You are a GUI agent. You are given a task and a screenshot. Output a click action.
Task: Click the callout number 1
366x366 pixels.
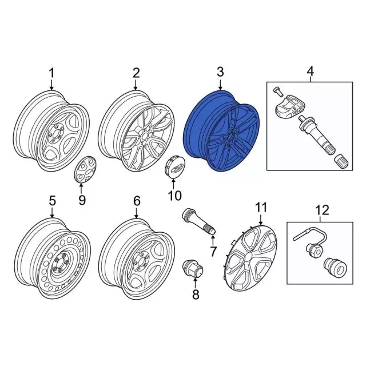(51, 73)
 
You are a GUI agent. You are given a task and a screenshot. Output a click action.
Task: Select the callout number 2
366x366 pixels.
(136, 73)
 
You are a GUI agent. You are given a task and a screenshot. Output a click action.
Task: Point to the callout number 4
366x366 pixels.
(310, 71)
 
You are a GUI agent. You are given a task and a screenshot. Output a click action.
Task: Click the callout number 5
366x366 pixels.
(51, 201)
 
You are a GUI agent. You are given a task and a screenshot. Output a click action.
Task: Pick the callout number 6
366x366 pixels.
(136, 201)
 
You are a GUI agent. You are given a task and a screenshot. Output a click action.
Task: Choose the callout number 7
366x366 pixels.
(213, 252)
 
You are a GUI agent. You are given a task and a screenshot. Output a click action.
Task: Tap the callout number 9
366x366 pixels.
(81, 200)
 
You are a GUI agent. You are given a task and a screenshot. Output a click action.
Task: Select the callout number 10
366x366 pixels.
(174, 196)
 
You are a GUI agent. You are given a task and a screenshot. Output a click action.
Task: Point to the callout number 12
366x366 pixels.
(322, 210)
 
